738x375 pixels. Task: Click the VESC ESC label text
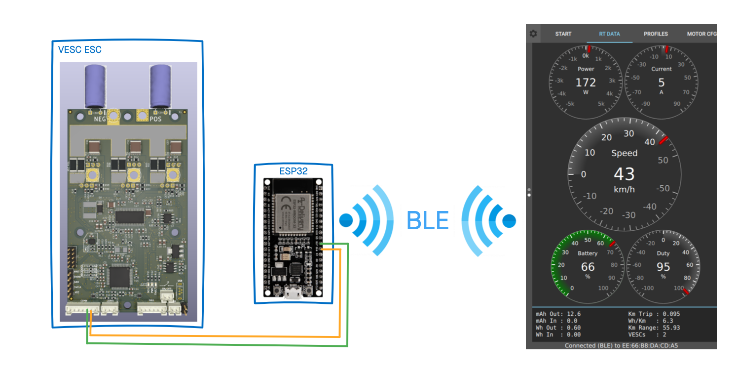pyautogui.click(x=79, y=50)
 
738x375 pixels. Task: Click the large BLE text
pyautogui.click(x=427, y=220)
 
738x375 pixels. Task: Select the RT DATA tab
pyautogui.click(x=609, y=34)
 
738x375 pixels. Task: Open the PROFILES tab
pyautogui.click(x=656, y=34)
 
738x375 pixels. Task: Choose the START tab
pyautogui.click(x=563, y=34)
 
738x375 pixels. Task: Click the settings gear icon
pyautogui.click(x=533, y=34)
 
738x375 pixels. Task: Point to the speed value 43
pyautogui.click(x=624, y=174)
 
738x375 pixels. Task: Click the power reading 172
pyautogui.click(x=586, y=83)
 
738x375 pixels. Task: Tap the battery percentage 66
pyautogui.click(x=588, y=267)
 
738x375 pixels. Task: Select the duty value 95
pyautogui.click(x=663, y=267)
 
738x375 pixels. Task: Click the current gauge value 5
pyautogui.click(x=662, y=83)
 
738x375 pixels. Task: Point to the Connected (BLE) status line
pyautogui.click(x=621, y=345)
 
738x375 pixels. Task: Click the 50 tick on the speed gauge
pyautogui.click(x=663, y=160)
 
